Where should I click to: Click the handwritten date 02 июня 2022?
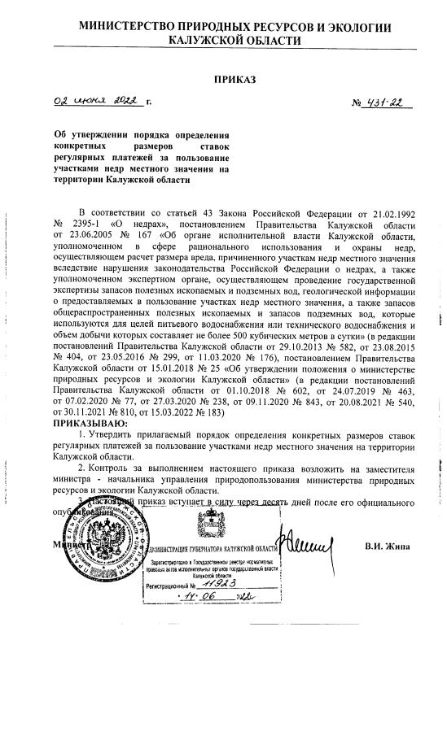click(x=99, y=103)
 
